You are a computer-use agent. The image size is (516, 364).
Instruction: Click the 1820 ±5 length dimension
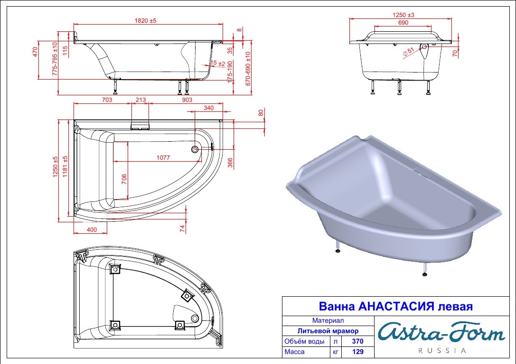tap(145, 20)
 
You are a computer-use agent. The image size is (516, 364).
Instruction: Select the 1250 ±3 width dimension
tap(403, 15)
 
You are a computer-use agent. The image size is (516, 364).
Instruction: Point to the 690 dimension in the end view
tap(403, 23)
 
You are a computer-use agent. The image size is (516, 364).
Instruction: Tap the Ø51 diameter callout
tap(408, 52)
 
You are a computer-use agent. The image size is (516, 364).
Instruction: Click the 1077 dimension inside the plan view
tap(163, 158)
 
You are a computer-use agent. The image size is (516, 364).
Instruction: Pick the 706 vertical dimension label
tap(124, 179)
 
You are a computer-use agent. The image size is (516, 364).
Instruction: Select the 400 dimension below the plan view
tap(92, 230)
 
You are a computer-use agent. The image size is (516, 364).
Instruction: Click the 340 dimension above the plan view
tap(209, 108)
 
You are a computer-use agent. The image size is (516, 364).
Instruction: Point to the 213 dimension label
tap(141, 100)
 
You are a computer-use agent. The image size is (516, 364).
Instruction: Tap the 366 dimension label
tap(230, 163)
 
